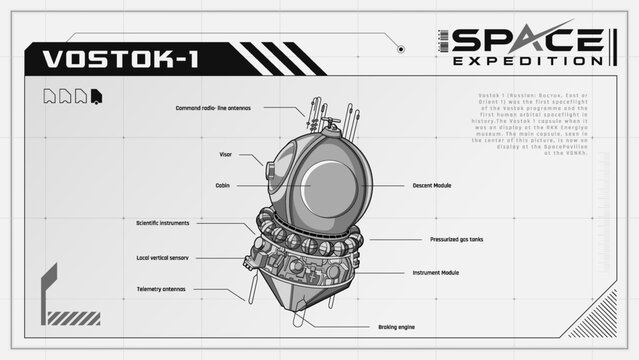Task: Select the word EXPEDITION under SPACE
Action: pyautogui.click(x=527, y=62)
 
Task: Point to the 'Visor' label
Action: pyautogui.click(x=226, y=155)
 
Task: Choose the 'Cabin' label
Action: pyautogui.click(x=223, y=185)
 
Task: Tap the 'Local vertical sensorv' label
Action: pyautogui.click(x=163, y=257)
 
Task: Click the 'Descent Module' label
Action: pyautogui.click(x=433, y=185)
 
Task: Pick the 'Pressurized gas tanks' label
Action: pyautogui.click(x=456, y=240)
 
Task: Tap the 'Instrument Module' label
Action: pyautogui.click(x=436, y=272)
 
